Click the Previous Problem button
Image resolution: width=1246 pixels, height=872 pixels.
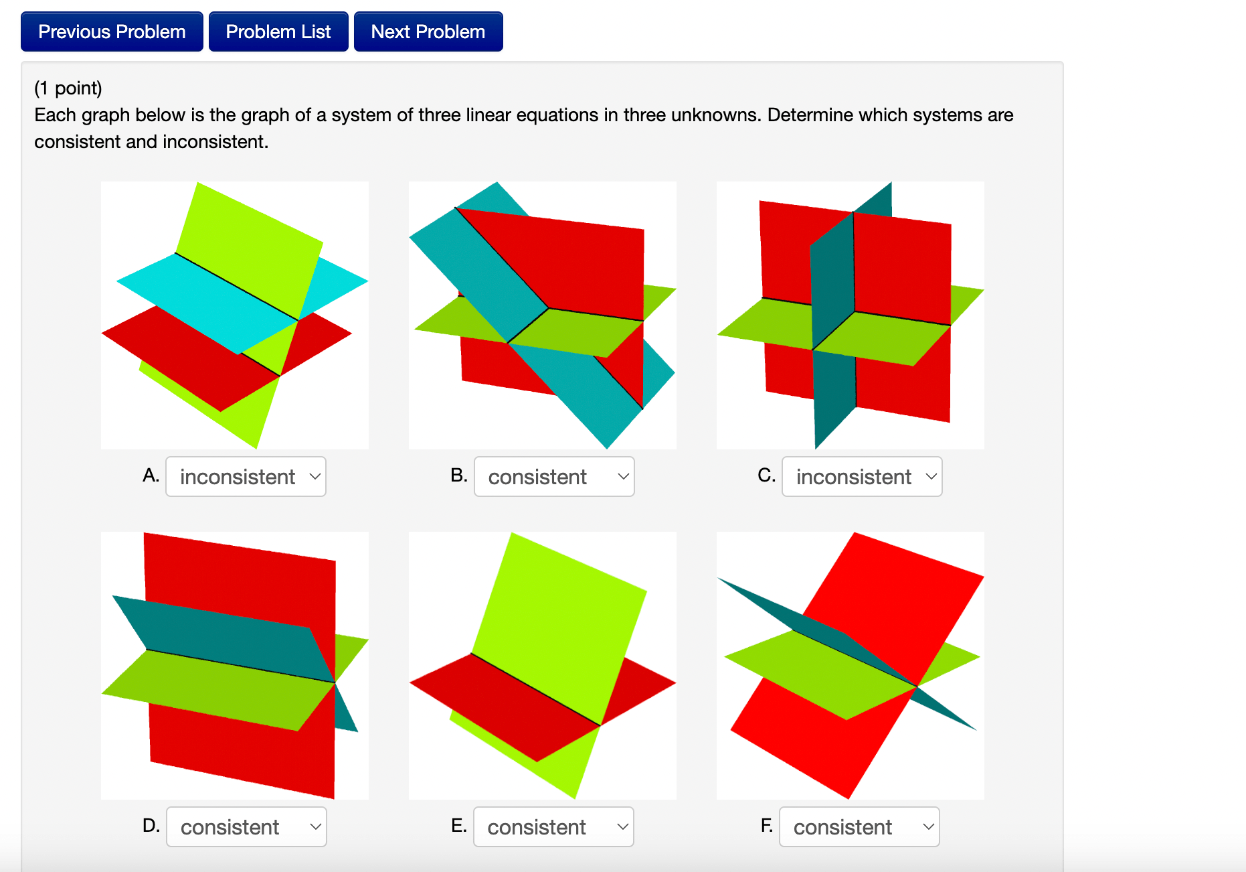(112, 31)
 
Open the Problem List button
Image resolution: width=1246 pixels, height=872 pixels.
(278, 31)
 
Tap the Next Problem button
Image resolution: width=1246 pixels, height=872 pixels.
(428, 31)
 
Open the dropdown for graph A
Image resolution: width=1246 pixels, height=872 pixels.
(246, 476)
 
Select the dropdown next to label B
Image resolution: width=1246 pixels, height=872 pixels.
(554, 476)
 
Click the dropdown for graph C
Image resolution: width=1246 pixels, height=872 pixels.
(862, 476)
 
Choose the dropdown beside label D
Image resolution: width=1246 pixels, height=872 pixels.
(246, 826)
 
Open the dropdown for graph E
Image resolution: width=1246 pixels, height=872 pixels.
(553, 826)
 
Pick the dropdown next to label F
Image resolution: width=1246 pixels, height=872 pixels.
(859, 826)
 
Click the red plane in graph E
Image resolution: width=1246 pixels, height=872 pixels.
(509, 703)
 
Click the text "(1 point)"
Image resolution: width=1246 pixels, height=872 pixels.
(68, 88)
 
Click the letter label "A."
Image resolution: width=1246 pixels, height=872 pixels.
(151, 476)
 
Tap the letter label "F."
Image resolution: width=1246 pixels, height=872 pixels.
(767, 826)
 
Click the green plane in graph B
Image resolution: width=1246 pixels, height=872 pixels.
(569, 332)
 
